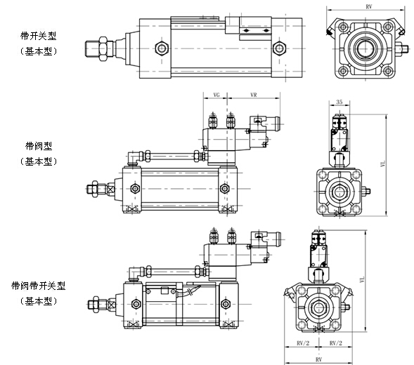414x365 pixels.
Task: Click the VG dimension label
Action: pos(216,95)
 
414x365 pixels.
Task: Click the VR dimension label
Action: pos(254,95)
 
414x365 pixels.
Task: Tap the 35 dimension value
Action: pos(339,102)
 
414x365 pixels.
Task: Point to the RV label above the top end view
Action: pos(368,6)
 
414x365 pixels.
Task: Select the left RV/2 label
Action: pos(303,343)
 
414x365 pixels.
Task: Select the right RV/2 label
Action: pos(335,343)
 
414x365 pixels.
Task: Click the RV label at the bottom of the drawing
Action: pos(318,359)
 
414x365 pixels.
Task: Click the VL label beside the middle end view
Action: pos(383,164)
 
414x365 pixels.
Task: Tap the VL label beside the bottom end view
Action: pos(362,279)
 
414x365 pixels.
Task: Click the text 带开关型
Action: pos(39,36)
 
